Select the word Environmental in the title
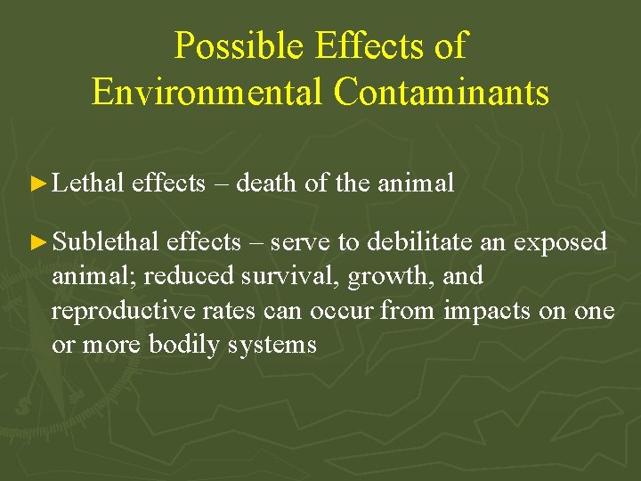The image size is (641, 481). [x=207, y=92]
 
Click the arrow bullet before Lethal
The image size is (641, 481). [x=37, y=184]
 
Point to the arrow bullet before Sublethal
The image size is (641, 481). [x=37, y=242]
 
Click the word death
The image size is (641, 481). [x=266, y=183]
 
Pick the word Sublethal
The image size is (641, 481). [x=106, y=241]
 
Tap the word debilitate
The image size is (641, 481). [x=418, y=241]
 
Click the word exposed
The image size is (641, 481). [x=562, y=242]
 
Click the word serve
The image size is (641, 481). [x=299, y=242]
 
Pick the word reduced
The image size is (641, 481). [x=182, y=276]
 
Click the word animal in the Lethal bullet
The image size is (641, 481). [x=416, y=183]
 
